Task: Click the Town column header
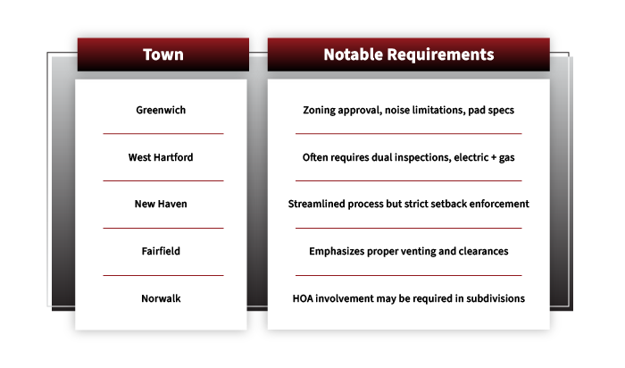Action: pyautogui.click(x=163, y=54)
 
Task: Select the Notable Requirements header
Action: pyautogui.click(x=408, y=54)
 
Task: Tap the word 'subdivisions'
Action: pyautogui.click(x=492, y=298)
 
